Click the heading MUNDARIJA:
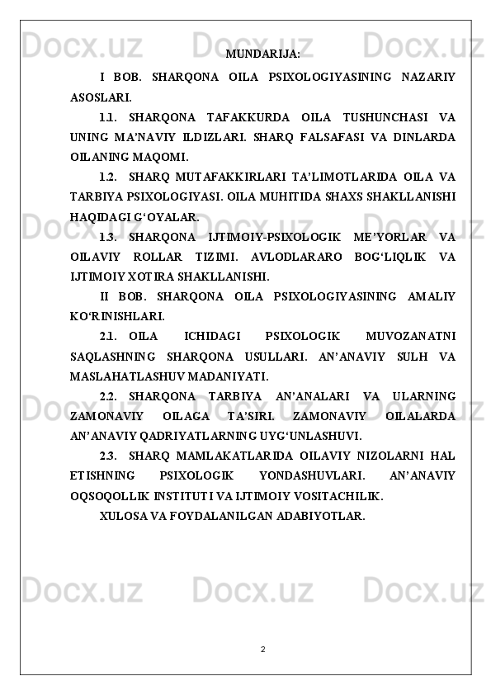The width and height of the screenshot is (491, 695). (262, 54)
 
